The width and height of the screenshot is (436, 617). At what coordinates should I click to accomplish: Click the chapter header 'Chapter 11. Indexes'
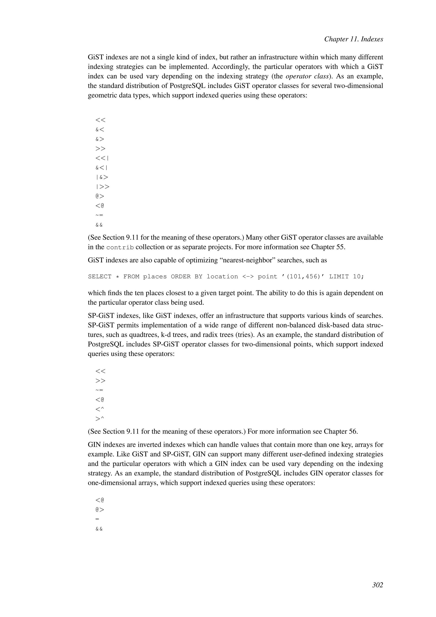[x=353, y=39]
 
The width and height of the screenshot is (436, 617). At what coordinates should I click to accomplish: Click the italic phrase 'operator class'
[x=307, y=76]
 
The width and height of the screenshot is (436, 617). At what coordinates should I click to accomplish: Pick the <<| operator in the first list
[x=102, y=158]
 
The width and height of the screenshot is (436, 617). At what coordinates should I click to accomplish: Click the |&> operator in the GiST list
[x=102, y=177]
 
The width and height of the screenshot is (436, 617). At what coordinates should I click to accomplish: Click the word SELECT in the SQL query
[x=100, y=277]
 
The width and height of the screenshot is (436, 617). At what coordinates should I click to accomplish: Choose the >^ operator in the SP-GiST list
[x=100, y=419]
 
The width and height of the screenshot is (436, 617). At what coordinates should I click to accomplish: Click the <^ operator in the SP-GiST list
[x=100, y=409]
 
